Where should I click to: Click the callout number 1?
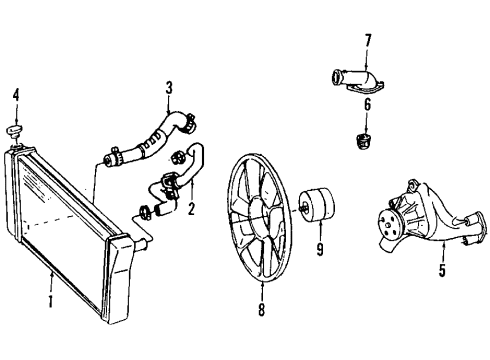(x=51, y=299)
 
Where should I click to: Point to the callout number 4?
(x=14, y=98)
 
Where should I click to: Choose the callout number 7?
(x=368, y=40)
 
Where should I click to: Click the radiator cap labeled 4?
(x=14, y=131)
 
